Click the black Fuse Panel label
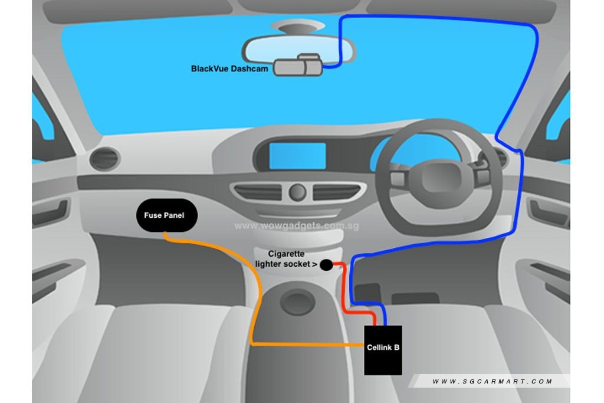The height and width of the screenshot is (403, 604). coord(167,215)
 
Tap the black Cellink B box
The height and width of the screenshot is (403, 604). coord(383,350)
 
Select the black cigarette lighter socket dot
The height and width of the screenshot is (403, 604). coord(326,265)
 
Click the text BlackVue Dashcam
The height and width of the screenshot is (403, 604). coord(229,69)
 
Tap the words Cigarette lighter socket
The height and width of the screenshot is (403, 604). coord(286,259)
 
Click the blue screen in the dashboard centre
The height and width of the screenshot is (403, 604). coord(297,155)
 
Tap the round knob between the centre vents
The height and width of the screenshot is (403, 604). coord(297,192)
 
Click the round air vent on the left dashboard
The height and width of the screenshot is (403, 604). coord(104,158)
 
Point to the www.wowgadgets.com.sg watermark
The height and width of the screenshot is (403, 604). coord(297,226)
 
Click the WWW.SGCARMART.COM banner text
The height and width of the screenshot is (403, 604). coord(493,381)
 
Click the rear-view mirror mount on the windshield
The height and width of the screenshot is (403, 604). coord(297,27)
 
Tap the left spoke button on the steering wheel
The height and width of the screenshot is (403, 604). coord(398,178)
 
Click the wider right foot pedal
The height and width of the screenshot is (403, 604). coord(415,298)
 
